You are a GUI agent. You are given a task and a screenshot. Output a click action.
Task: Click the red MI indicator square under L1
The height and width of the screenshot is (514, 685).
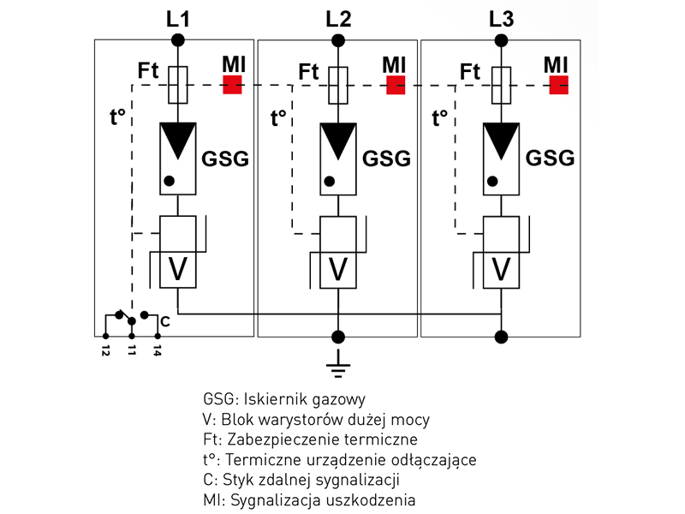pos(232,85)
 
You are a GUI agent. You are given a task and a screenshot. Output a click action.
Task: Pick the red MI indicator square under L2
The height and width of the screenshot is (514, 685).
pos(395,85)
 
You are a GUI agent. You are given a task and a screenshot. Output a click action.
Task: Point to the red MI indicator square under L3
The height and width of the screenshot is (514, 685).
pos(559,85)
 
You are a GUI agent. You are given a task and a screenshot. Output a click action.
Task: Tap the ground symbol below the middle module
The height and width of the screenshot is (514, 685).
pos(339,368)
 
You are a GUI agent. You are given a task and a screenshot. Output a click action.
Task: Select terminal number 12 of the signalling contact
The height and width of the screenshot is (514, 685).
pos(104,350)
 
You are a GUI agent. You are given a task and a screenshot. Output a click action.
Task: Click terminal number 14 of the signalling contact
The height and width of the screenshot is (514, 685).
pos(158,350)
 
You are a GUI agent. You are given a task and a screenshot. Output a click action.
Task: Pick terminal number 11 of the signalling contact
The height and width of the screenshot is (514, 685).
pos(132,350)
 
